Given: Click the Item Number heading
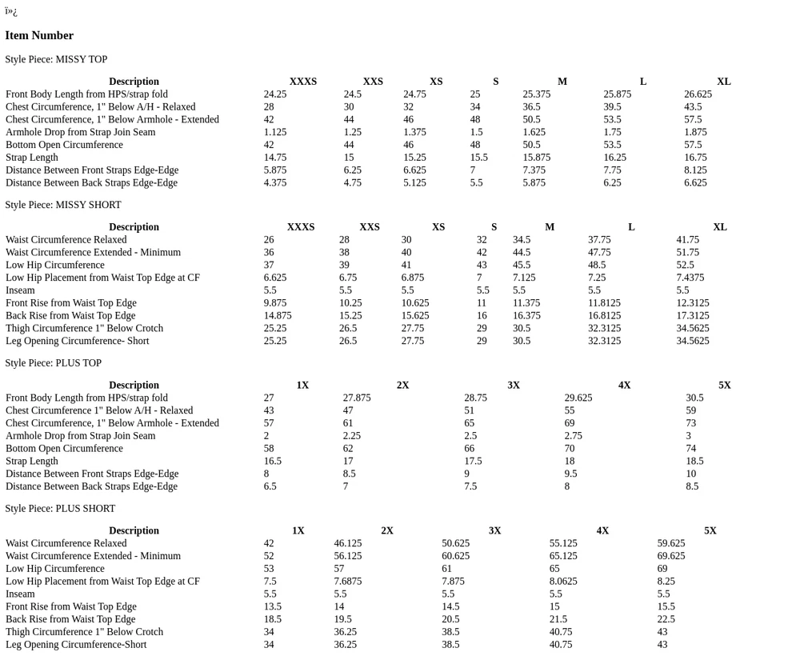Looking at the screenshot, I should coord(39,35).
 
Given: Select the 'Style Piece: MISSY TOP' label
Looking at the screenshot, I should coord(56,59).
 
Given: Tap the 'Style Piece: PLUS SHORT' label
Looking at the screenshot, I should coord(60,509).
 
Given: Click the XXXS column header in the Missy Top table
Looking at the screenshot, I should coord(302,82).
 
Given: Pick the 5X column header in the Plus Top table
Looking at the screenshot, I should coord(724,386).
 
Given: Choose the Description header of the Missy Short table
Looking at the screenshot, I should coord(134,227).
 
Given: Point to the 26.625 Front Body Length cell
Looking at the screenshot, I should coord(698,94).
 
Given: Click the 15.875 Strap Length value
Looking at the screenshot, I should coord(536,158).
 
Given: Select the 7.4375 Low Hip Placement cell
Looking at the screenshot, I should coord(690,278).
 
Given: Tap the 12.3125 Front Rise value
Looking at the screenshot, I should coord(692,303).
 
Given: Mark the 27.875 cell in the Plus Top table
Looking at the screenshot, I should coord(357,398).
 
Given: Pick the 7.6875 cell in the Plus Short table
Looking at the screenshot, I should coord(347,582).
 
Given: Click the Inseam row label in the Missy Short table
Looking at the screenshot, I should coord(20,290).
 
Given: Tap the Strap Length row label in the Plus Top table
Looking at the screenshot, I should coord(32,462).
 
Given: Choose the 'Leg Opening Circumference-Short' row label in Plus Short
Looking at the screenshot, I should coord(76,645).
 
